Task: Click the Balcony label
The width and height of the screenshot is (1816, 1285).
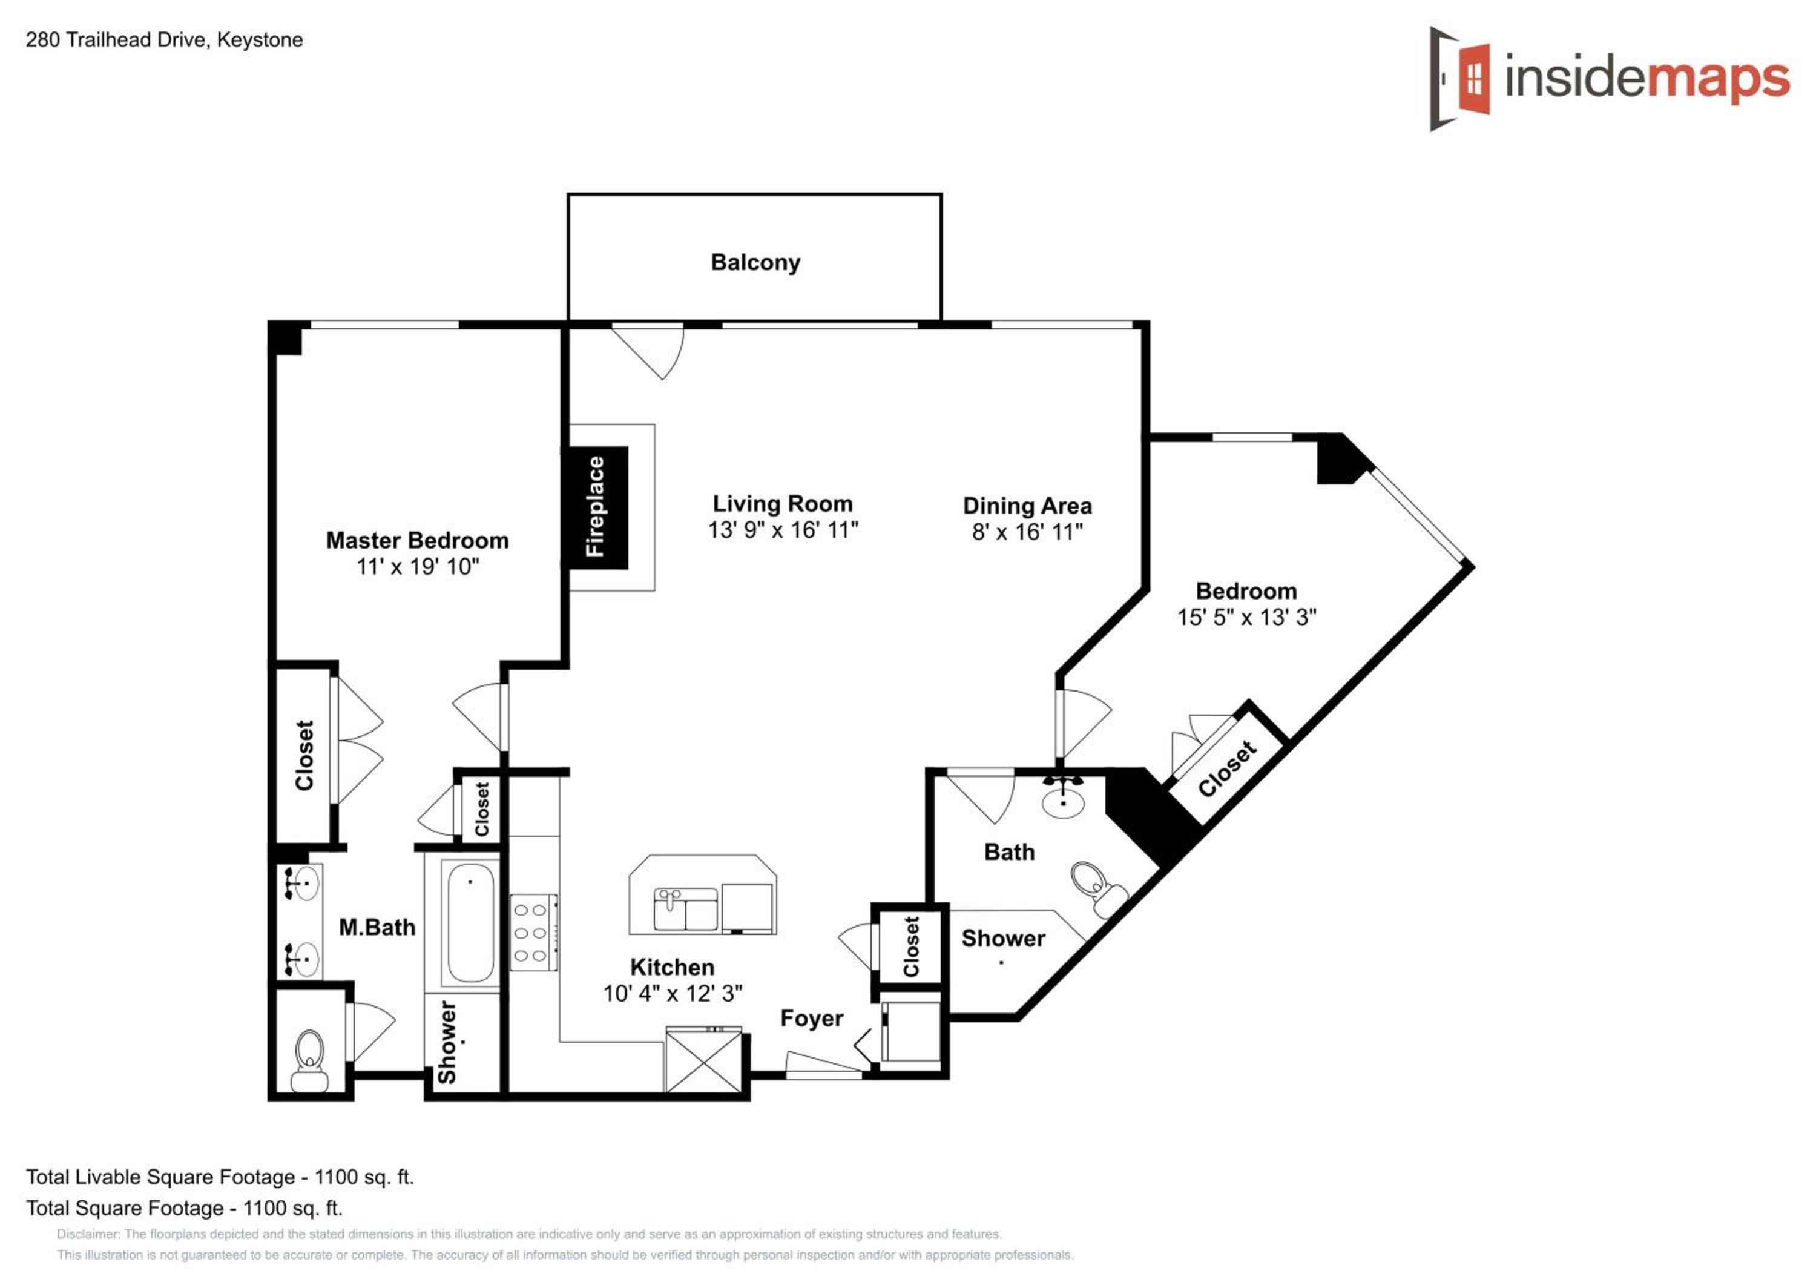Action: click(755, 262)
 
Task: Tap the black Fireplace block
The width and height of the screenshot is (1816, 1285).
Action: click(596, 507)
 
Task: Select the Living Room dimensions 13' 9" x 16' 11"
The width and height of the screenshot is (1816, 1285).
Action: click(783, 529)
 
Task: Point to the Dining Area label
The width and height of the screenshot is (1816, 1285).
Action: click(1027, 506)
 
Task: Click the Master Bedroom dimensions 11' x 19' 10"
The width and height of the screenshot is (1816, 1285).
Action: click(418, 567)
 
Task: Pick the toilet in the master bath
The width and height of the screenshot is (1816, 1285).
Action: click(309, 1060)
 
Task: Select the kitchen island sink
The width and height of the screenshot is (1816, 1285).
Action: click(686, 909)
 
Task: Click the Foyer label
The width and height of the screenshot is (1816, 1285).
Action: click(812, 1019)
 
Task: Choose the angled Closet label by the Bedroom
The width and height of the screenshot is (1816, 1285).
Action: click(1227, 768)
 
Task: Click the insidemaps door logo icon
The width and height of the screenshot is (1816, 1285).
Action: click(1459, 78)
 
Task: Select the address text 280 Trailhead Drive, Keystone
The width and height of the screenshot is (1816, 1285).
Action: click(165, 39)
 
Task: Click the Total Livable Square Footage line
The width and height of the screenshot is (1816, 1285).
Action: click(220, 1177)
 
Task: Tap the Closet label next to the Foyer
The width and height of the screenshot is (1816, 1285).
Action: click(911, 946)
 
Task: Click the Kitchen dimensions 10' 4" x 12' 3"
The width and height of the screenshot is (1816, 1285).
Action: click(673, 993)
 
